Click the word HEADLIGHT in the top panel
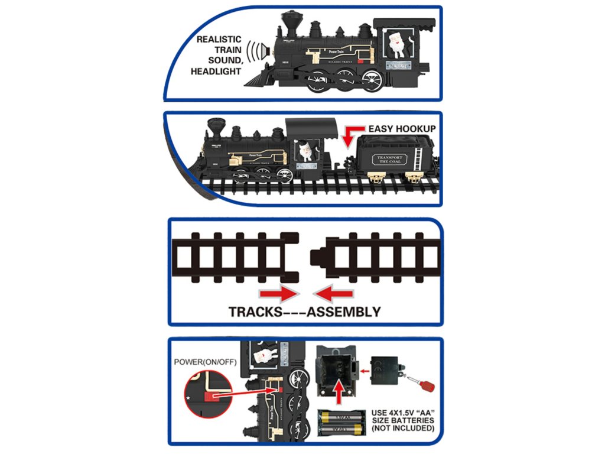pos(216,72)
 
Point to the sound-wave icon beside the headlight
pos(255,51)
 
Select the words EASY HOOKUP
pos(402,128)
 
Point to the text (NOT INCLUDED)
pos(404,428)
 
